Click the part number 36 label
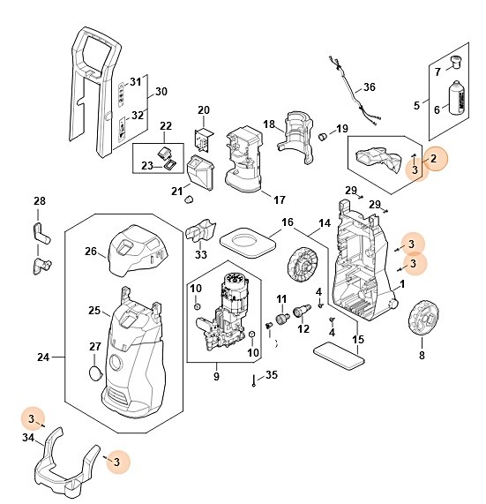(x=370, y=87)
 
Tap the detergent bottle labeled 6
(x=457, y=97)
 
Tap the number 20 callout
(x=204, y=110)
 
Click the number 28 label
(x=39, y=202)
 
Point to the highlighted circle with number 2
(x=433, y=159)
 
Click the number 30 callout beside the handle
(x=161, y=92)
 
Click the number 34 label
(x=28, y=438)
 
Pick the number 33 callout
(x=200, y=255)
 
